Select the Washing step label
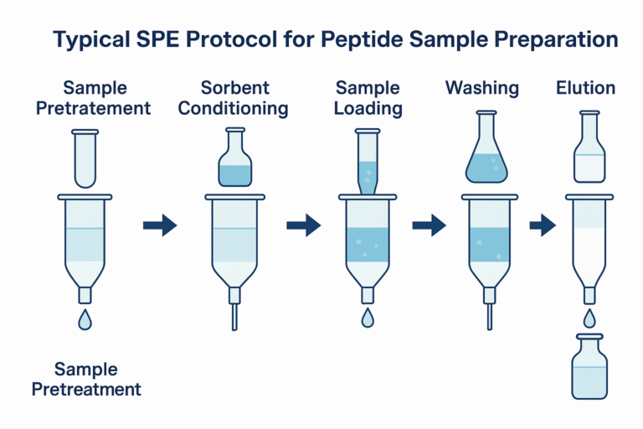coord(482,88)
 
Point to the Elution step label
coord(586,88)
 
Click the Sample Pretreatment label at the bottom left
coord(98,379)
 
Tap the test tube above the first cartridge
coord(85,158)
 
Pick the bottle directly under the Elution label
coord(589,151)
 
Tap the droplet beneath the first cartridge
coord(85,320)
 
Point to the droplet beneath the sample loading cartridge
coord(368,318)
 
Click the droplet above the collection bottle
coord(589,318)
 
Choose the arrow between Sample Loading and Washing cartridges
coord(429,225)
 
